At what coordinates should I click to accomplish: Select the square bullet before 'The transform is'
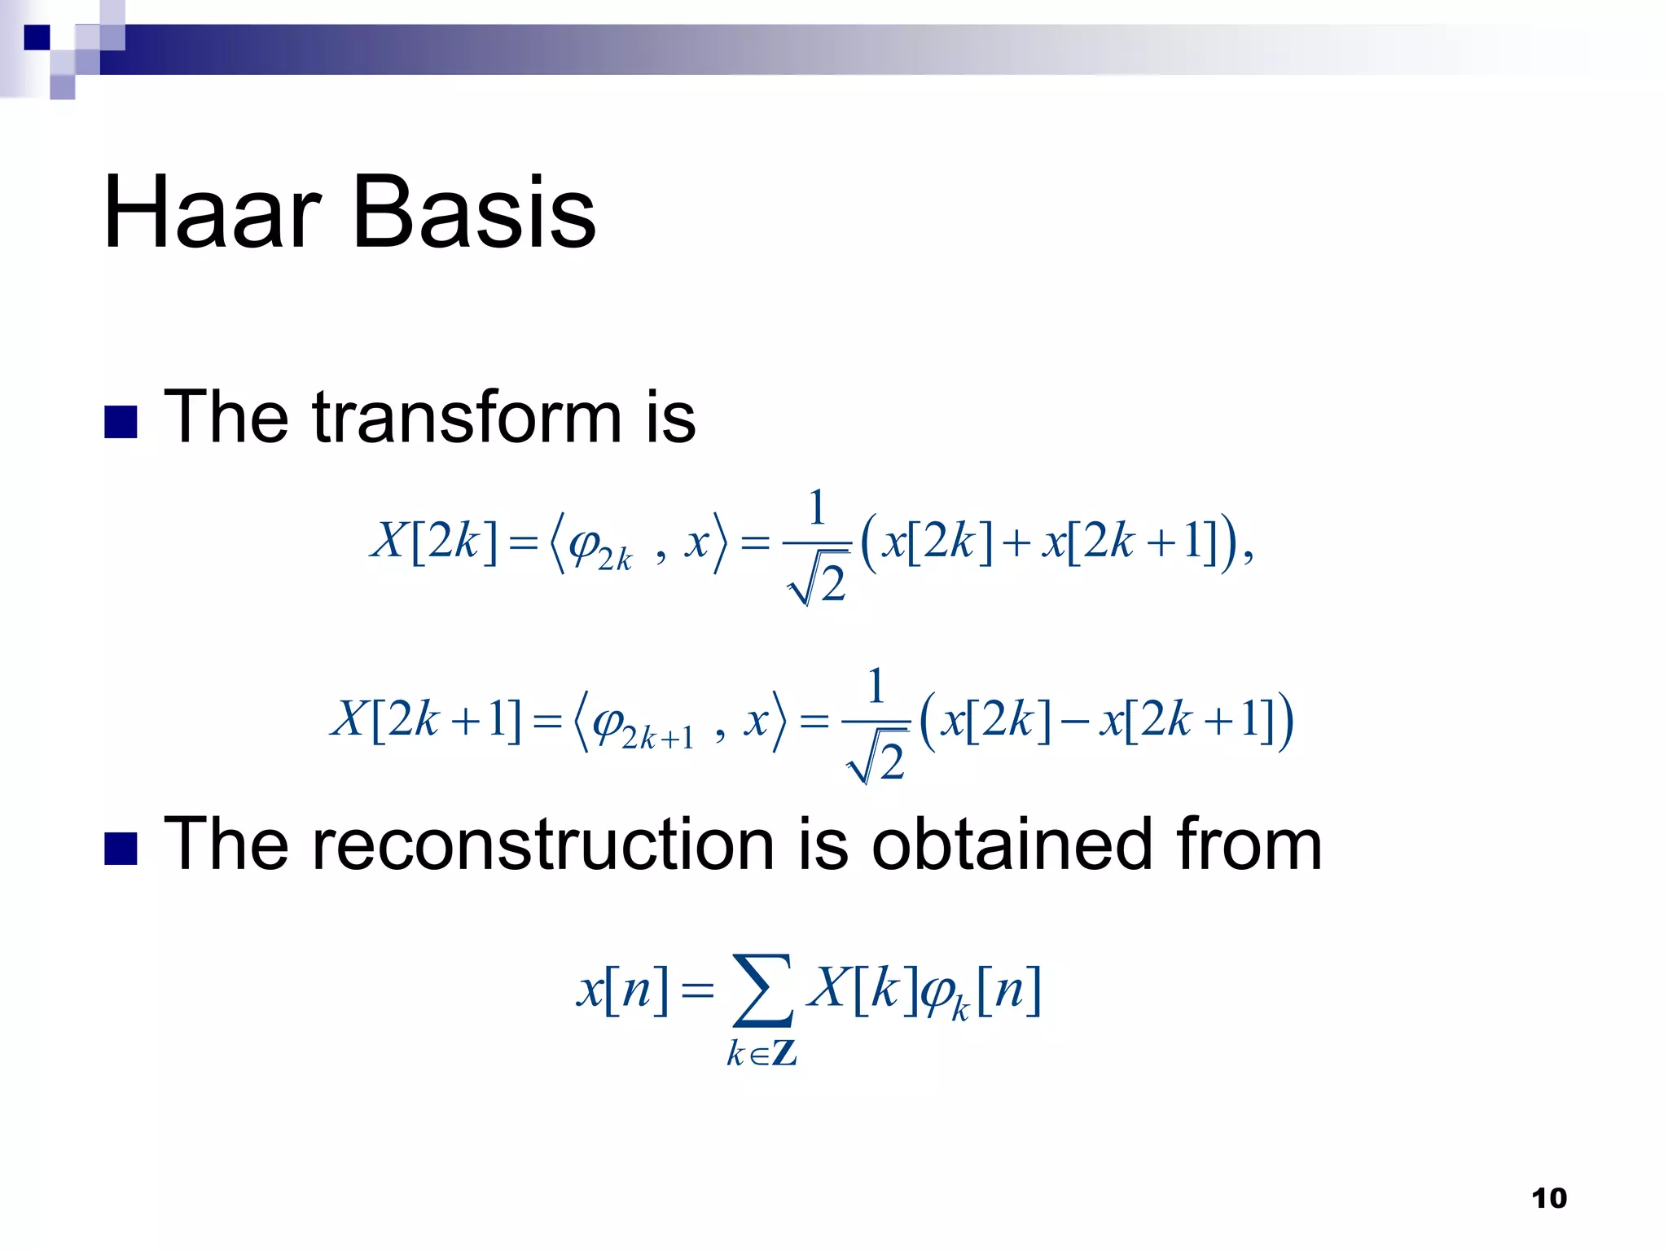point(121,422)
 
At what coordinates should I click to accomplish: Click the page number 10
point(1548,1198)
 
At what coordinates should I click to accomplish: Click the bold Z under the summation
point(784,1053)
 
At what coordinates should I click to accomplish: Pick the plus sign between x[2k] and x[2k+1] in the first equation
point(1016,542)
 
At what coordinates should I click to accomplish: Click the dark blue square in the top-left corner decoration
point(37,37)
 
